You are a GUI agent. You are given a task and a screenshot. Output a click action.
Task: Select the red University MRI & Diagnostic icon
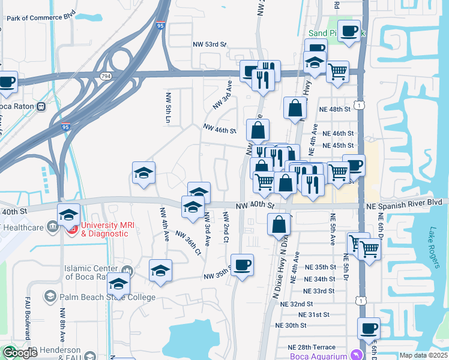[x=72, y=228]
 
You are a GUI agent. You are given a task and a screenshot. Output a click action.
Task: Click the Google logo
[x=20, y=353]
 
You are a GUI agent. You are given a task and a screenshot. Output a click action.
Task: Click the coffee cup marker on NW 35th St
[x=242, y=265]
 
